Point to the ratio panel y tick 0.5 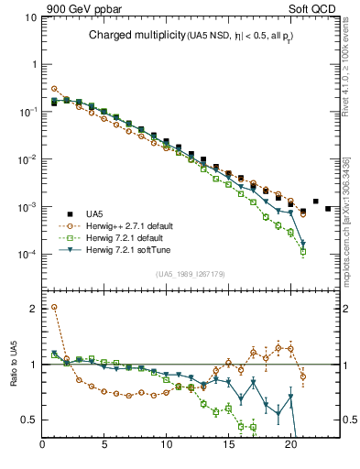pyautogui.click(x=29, y=420)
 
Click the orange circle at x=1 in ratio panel pyautogui.click(x=54, y=307)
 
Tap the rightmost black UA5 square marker pyautogui.click(x=328, y=209)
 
